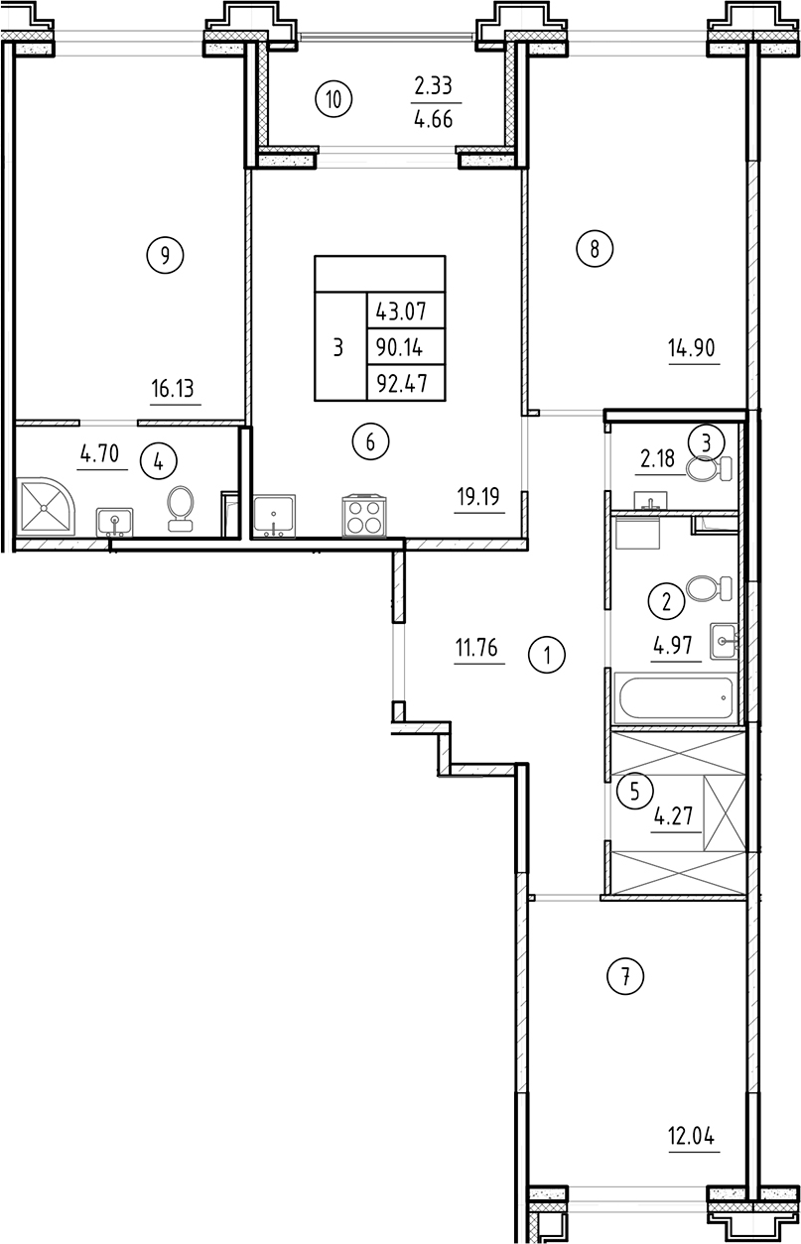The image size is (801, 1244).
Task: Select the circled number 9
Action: [x=165, y=256]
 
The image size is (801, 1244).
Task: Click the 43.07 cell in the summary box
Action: [x=400, y=311]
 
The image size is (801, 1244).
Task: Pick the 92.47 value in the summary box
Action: [x=400, y=383]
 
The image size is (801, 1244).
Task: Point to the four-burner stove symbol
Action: [x=362, y=516]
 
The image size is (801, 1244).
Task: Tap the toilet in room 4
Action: [x=180, y=505]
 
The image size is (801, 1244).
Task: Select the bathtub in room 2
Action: [x=675, y=700]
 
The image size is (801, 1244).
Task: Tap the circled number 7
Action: [x=625, y=977]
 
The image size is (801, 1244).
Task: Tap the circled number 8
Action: [x=595, y=248]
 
